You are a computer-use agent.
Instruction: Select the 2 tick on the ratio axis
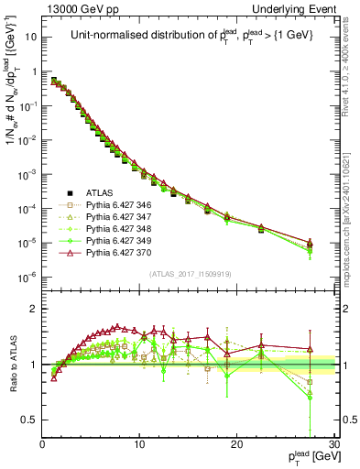coord(34,309)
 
